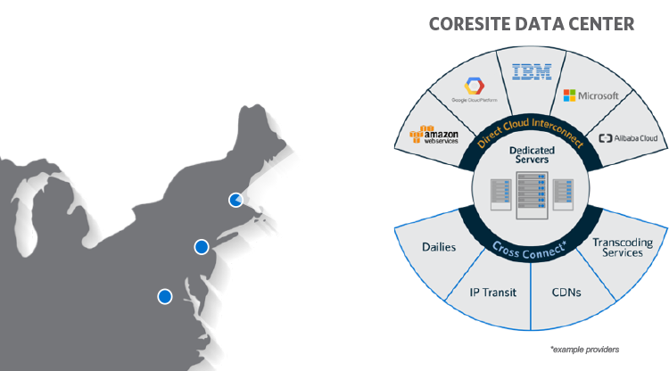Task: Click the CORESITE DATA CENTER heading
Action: tap(532, 23)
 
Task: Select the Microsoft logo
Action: tap(591, 95)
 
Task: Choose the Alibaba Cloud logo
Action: tap(628, 138)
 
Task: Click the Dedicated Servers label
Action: tap(532, 155)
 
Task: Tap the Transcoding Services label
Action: tap(623, 247)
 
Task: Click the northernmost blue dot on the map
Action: tap(235, 200)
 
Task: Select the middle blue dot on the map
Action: tap(202, 246)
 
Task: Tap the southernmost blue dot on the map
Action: tap(164, 296)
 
